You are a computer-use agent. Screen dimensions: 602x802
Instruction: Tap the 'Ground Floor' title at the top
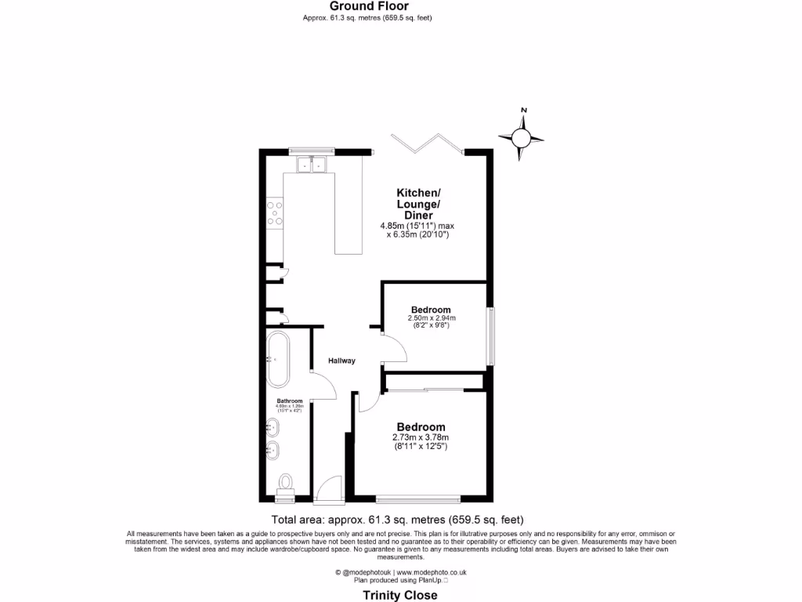pos(368,6)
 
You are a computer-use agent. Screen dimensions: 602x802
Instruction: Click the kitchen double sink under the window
pos(312,165)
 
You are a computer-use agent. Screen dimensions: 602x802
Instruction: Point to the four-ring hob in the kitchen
pos(275,213)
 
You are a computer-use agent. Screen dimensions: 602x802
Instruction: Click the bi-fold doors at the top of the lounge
pos(428,143)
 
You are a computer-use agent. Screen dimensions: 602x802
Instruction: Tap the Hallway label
pos(342,361)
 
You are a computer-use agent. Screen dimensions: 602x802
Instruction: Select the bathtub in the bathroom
pos(278,360)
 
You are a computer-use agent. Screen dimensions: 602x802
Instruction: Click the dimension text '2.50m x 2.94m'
pos(432,318)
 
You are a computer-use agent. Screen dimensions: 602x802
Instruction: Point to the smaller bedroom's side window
pos(491,336)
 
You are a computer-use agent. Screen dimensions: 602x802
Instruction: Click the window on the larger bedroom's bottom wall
pos(418,497)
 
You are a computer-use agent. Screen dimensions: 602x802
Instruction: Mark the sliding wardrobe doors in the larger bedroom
pos(433,389)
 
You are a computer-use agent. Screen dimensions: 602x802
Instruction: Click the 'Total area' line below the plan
pos(396,519)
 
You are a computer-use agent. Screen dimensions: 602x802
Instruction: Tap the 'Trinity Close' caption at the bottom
pos(400,596)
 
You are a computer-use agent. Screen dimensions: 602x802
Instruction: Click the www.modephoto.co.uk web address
pos(435,573)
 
